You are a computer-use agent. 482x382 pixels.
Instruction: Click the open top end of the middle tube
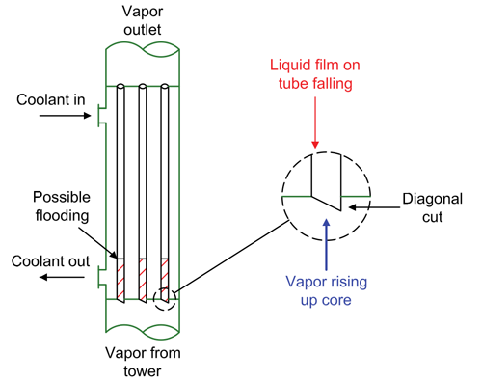coord(143,88)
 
